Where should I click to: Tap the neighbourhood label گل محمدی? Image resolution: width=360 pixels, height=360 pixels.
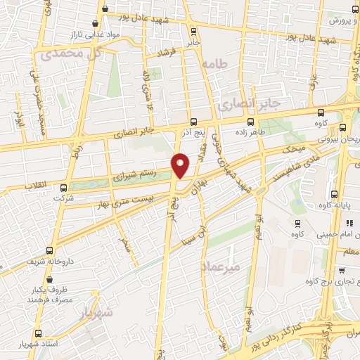[x=70, y=53]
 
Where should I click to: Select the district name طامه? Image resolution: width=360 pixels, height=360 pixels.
[x=214, y=64]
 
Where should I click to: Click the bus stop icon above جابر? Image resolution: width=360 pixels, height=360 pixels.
[x=194, y=32]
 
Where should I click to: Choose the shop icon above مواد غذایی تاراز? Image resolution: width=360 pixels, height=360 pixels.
[x=105, y=9]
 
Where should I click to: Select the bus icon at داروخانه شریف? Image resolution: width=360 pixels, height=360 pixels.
[x=49, y=250]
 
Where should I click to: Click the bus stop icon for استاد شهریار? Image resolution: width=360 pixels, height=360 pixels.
[x=37, y=333]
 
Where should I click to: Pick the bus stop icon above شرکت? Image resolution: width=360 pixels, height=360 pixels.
[x=64, y=188]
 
